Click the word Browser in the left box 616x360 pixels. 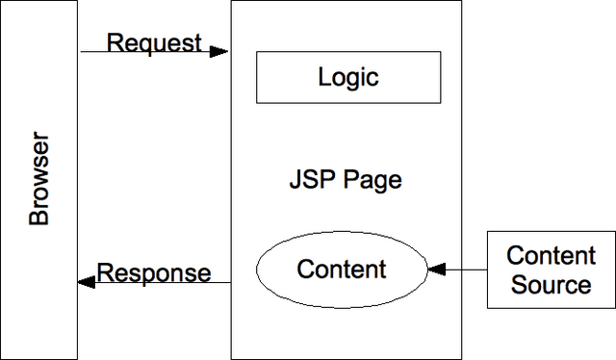(38, 181)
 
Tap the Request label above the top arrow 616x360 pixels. (154, 43)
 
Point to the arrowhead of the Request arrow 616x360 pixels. (222, 51)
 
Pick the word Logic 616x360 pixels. (347, 77)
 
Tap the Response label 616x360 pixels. (154, 272)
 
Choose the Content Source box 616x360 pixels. (551, 270)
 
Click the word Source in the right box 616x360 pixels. (551, 285)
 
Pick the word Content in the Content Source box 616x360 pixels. (551, 256)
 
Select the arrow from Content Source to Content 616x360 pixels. (462, 270)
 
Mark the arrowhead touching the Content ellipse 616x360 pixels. (434, 270)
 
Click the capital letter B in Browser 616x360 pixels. (38, 219)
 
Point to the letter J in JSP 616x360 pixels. (295, 180)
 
